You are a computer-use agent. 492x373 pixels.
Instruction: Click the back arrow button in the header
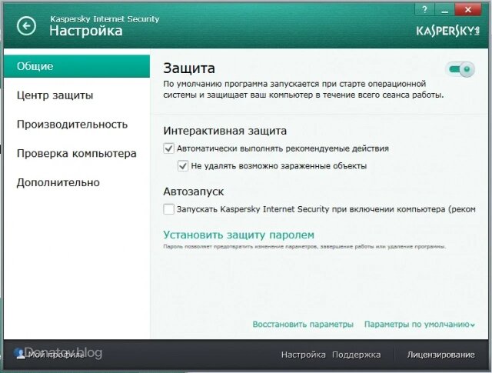[27, 26]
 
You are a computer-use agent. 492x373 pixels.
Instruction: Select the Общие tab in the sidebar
[35, 66]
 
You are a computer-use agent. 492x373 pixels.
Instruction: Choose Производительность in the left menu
[72, 124]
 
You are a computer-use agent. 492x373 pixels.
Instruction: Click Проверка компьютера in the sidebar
[77, 153]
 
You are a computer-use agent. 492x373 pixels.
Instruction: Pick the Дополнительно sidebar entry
[58, 182]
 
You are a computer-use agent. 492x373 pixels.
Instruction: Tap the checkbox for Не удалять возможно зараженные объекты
[183, 165]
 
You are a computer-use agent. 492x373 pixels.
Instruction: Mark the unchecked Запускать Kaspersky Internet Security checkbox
[169, 208]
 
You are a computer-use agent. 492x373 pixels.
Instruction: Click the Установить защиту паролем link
[239, 235]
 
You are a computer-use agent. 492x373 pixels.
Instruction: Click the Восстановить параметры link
[303, 325]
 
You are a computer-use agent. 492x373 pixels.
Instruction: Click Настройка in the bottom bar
[304, 355]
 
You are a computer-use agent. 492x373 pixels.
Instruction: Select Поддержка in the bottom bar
[357, 355]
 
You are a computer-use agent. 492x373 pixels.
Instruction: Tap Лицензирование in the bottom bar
[440, 355]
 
